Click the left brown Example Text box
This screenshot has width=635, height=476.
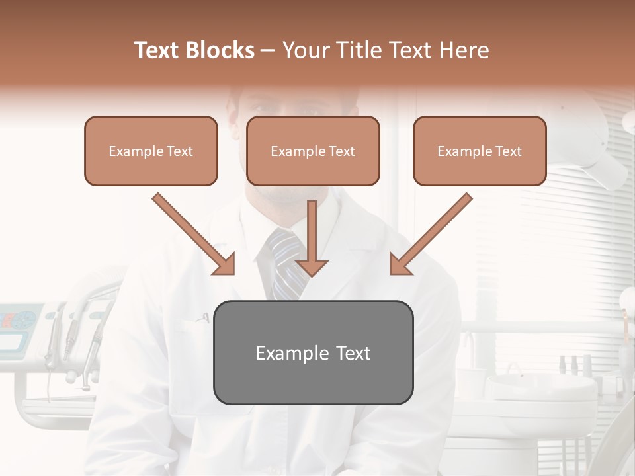pyautogui.click(x=151, y=151)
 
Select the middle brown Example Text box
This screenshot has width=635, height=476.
pyautogui.click(x=313, y=151)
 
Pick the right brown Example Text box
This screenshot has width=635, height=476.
pyautogui.click(x=480, y=151)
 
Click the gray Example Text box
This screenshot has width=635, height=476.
pyautogui.click(x=313, y=352)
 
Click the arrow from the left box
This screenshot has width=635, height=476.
pyautogui.click(x=194, y=234)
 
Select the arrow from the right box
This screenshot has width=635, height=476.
pyautogui.click(x=430, y=234)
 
